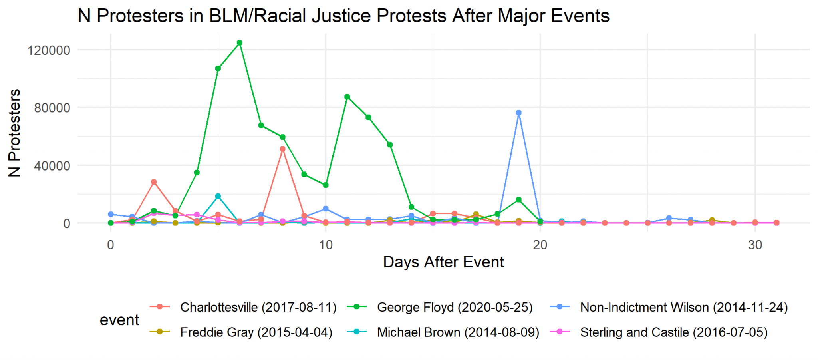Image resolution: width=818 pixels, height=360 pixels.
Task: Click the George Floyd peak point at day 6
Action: [x=239, y=43]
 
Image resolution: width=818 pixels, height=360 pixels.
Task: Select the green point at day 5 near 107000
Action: [x=218, y=68]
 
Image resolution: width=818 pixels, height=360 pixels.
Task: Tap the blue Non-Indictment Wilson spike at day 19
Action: [x=518, y=113]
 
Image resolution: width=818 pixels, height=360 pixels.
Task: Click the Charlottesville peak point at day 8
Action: [x=282, y=149]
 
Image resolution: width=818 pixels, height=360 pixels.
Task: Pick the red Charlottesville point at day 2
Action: [x=154, y=182]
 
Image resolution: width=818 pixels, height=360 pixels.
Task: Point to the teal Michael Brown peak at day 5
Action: [x=218, y=196]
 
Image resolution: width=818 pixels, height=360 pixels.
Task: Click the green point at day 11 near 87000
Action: [x=347, y=97]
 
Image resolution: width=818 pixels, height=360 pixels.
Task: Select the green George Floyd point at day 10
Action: [x=326, y=185]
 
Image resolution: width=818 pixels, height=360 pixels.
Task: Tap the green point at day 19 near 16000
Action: [x=518, y=199]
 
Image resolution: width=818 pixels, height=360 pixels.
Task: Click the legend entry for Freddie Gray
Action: [x=256, y=332]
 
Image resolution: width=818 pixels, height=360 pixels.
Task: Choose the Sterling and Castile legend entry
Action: [x=673, y=332]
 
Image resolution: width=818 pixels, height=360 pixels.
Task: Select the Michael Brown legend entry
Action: [x=458, y=332]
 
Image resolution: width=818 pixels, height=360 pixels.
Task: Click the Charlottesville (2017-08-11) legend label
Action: [x=258, y=307]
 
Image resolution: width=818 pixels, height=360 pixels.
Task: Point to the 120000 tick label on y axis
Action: [x=48, y=50]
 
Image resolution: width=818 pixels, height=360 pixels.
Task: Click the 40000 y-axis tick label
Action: [x=52, y=166]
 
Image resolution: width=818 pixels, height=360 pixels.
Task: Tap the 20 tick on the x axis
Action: [x=540, y=245]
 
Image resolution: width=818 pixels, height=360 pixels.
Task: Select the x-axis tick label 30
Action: [x=755, y=245]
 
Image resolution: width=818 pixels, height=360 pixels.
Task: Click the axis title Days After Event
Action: [x=443, y=262]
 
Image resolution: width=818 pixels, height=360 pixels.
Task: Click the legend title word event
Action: [x=119, y=320]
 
